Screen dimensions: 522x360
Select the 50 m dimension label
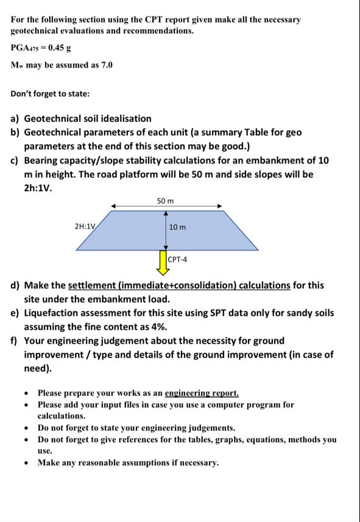point(165,200)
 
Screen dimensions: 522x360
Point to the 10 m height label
point(178,227)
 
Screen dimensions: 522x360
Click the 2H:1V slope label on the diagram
point(85,226)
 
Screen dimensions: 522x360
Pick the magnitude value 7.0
point(105,65)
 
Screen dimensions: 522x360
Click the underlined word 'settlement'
point(95,285)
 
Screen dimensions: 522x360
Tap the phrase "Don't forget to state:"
point(50,94)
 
